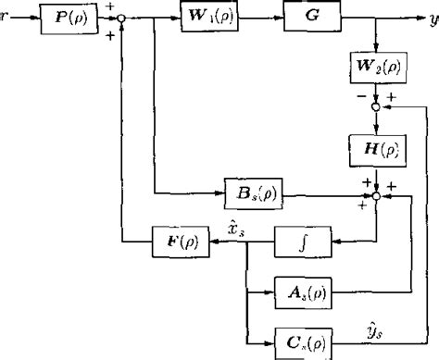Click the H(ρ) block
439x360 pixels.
376,147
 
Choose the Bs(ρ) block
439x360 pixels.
254,195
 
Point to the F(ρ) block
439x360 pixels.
181,244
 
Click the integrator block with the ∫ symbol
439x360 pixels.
301,244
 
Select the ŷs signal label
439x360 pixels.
376,327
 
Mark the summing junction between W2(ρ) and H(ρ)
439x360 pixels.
376,107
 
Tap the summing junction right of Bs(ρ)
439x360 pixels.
376,195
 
